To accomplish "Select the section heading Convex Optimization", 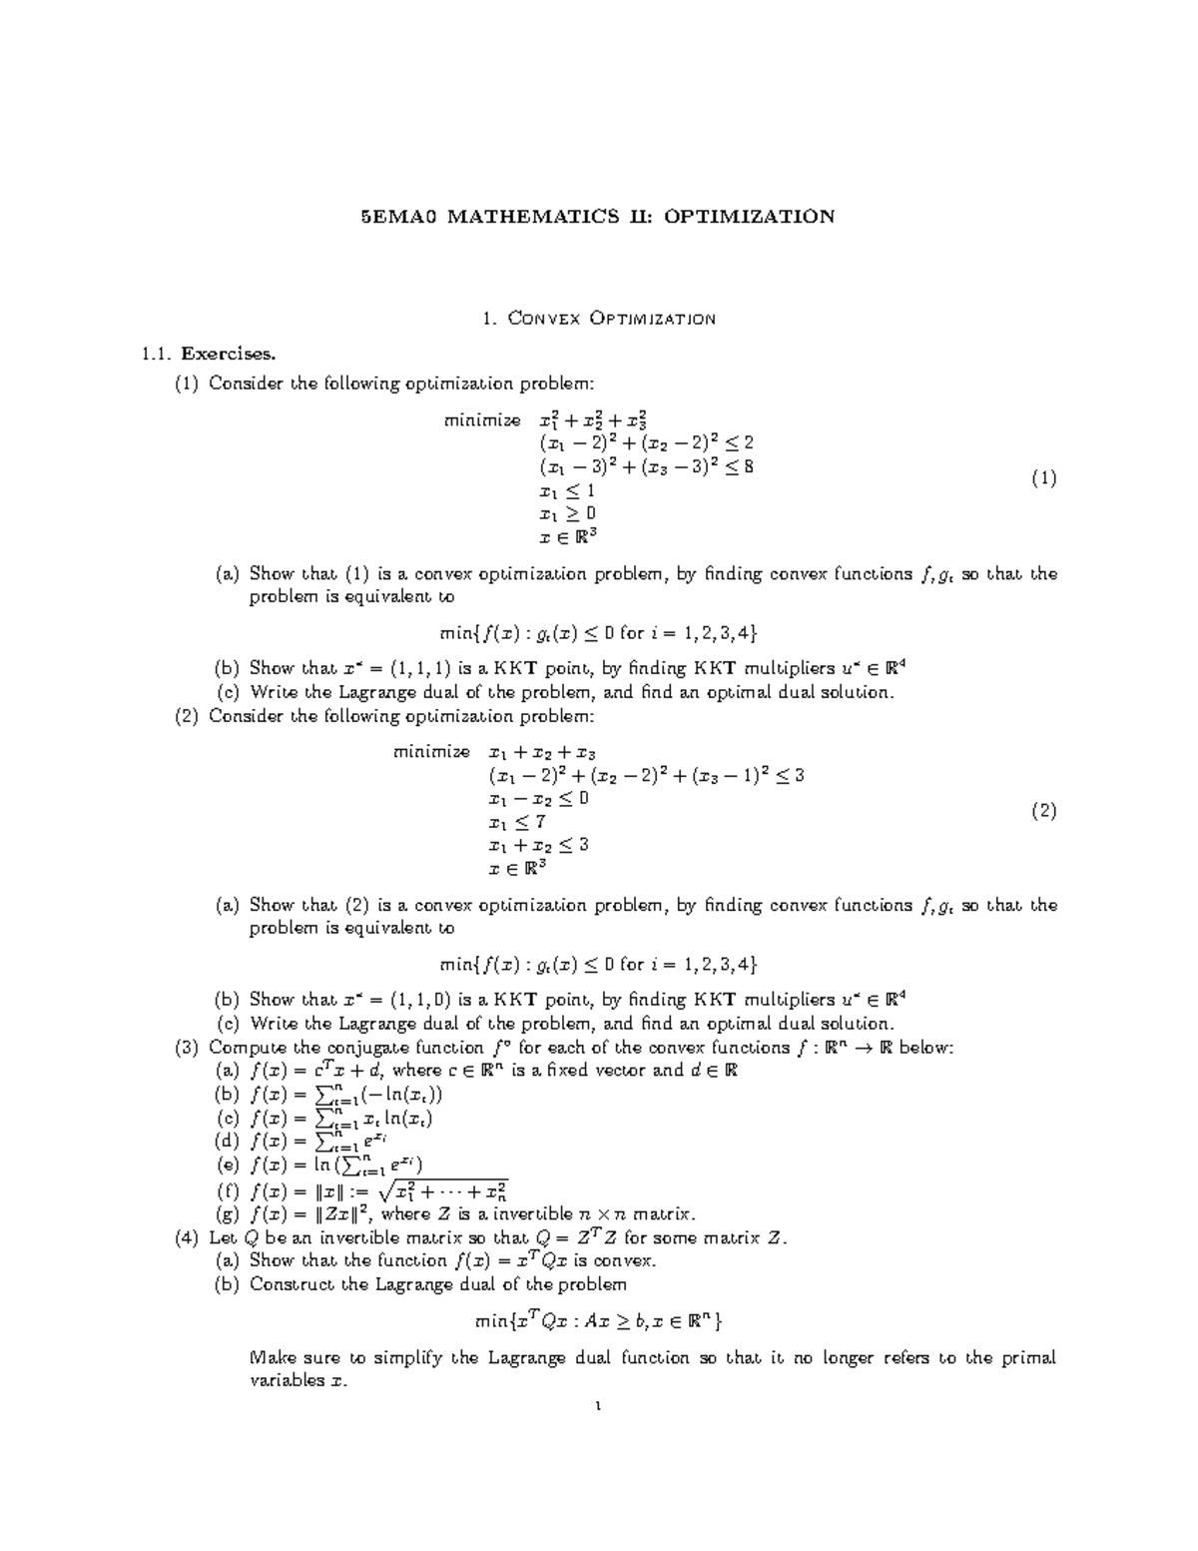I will coord(611,319).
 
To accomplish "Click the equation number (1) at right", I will coord(1043,478).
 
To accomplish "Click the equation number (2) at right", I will coord(1043,811).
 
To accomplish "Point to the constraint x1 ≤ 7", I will coord(516,822).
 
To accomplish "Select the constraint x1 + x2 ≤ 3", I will coord(538,845).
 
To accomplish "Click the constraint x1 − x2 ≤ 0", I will coord(538,799).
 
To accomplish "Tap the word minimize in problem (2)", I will coord(431,752).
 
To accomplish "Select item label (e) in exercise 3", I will coord(229,1164).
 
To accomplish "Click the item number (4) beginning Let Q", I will coord(187,1237).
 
